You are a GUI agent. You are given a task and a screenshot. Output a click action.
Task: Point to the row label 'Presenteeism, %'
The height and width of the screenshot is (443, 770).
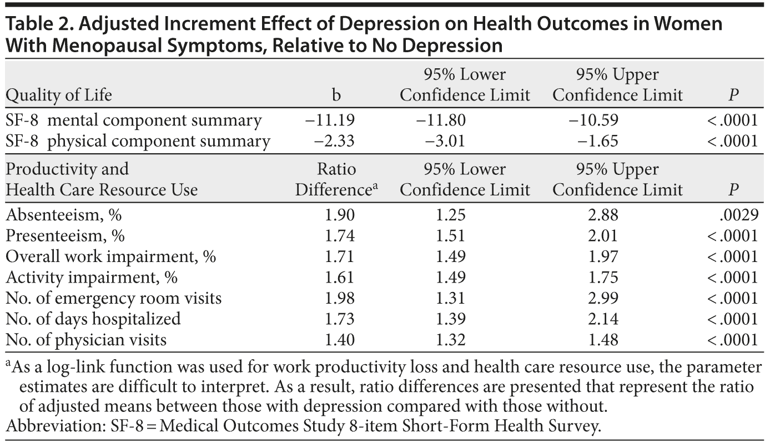(66, 235)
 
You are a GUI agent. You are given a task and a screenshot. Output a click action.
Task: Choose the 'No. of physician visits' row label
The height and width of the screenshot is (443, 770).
(86, 339)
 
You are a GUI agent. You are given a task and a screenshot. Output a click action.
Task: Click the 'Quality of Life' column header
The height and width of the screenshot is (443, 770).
(59, 95)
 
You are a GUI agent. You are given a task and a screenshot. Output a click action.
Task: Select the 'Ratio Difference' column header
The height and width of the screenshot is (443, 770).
(336, 179)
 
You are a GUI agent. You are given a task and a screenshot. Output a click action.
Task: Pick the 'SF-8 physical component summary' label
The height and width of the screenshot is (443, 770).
(138, 140)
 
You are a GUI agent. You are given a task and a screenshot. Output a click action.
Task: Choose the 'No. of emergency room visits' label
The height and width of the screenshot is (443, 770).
(114, 298)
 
